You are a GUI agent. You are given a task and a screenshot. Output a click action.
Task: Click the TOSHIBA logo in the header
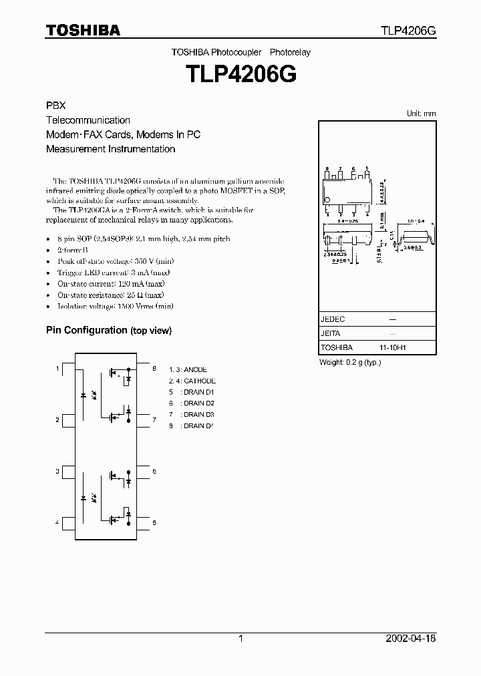coord(83,30)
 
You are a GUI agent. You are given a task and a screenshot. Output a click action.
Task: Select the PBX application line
coord(55,106)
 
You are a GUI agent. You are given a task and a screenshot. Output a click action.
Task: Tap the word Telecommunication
coord(88,120)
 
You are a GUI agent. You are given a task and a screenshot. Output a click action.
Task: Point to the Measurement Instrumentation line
coord(110,149)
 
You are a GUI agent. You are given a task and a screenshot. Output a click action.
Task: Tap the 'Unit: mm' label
coord(421,114)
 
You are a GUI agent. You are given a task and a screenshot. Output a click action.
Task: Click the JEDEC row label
coord(333,319)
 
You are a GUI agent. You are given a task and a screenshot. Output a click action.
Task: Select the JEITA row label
coord(331,333)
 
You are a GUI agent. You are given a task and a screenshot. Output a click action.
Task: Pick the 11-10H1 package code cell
coord(393,348)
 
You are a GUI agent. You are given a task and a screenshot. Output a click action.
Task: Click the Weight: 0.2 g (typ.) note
coord(350,362)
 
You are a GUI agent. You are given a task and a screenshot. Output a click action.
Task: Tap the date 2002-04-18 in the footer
coord(412,639)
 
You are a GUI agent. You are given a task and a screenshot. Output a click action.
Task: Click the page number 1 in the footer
coord(240,639)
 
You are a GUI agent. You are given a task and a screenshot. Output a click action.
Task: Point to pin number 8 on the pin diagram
coord(154,369)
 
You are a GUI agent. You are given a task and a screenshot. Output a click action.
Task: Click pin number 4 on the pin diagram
coord(57,523)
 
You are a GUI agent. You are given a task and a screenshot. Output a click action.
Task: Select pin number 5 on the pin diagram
coord(154,523)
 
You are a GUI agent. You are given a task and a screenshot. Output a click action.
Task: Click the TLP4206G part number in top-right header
coord(408,31)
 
